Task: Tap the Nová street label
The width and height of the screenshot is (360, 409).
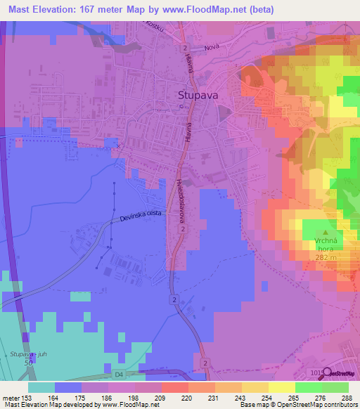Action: click(212, 48)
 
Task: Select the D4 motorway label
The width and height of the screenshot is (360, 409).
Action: click(118, 375)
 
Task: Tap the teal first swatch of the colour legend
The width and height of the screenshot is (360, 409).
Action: click(41, 387)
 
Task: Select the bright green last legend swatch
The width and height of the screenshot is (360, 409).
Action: click(335, 387)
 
